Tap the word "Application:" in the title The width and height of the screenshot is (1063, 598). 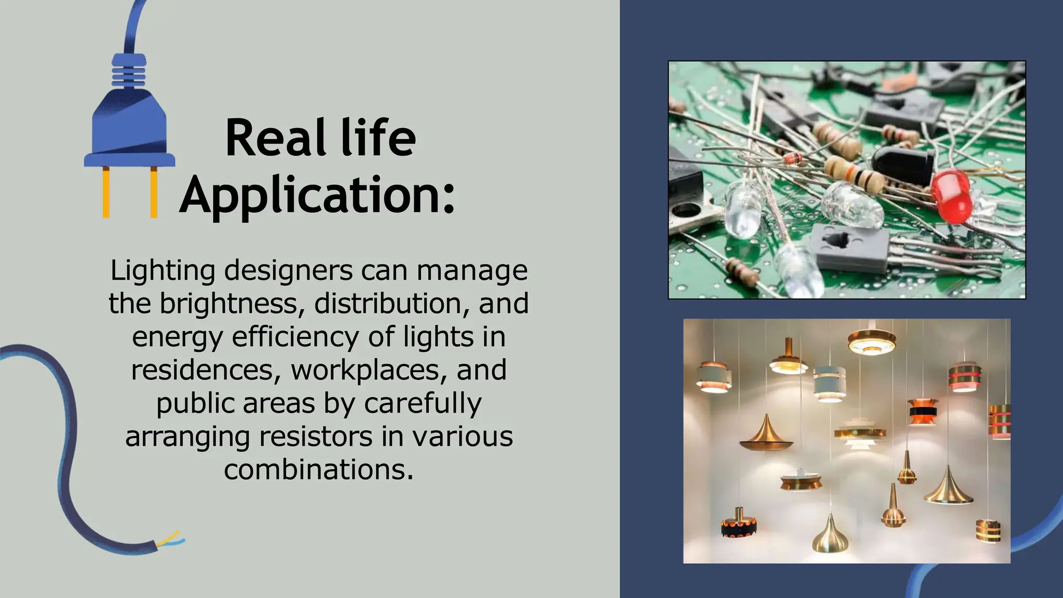(x=317, y=196)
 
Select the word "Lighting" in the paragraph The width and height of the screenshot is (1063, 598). (x=162, y=271)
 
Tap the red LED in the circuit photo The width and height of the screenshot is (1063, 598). (x=951, y=197)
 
